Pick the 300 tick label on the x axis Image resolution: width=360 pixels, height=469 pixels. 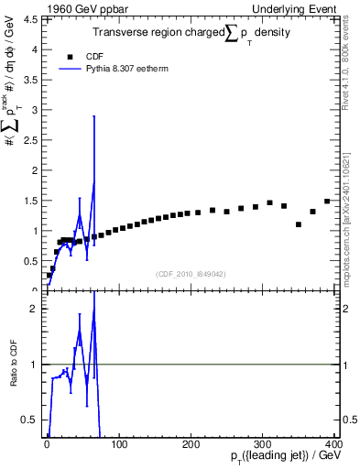tap(265, 444)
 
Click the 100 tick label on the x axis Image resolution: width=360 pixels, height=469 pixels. tap(119, 444)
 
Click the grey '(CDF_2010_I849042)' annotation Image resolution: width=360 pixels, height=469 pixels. tap(191, 274)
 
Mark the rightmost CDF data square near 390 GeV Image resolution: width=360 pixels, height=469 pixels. tap(327, 202)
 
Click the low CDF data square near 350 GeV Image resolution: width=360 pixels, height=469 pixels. tap(299, 224)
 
